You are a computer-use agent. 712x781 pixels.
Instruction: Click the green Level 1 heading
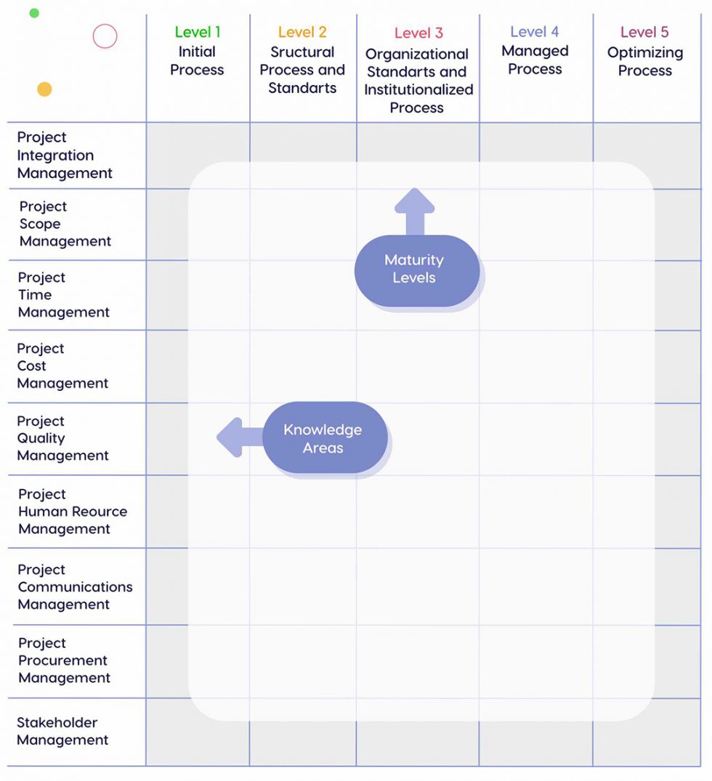point(197,32)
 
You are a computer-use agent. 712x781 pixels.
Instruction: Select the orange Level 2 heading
point(302,32)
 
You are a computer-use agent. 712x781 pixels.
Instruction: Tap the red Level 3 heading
point(418,33)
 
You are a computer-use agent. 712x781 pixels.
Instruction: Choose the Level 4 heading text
point(535,32)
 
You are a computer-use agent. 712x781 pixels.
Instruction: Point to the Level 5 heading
point(644,32)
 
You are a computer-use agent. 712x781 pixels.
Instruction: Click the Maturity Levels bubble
point(416,270)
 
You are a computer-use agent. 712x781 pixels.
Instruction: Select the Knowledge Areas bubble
point(324,438)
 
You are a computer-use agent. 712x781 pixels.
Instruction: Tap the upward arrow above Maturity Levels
point(414,211)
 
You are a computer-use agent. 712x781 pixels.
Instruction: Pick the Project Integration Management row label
point(65,155)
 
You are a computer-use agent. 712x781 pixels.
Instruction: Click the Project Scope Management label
point(65,224)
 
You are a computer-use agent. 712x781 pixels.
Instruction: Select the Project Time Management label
point(64,295)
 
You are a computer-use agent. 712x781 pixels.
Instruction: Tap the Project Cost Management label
point(62,366)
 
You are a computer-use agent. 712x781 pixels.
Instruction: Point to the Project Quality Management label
point(62,438)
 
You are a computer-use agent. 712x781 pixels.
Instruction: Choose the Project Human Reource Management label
point(73,511)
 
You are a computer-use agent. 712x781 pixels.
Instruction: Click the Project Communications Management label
point(75,587)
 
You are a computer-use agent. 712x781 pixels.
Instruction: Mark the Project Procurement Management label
point(64,660)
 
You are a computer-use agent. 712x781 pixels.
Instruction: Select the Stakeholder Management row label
point(62,731)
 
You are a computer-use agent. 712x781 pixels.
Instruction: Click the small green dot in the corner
point(34,13)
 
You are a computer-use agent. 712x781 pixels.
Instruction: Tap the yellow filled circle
point(44,89)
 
